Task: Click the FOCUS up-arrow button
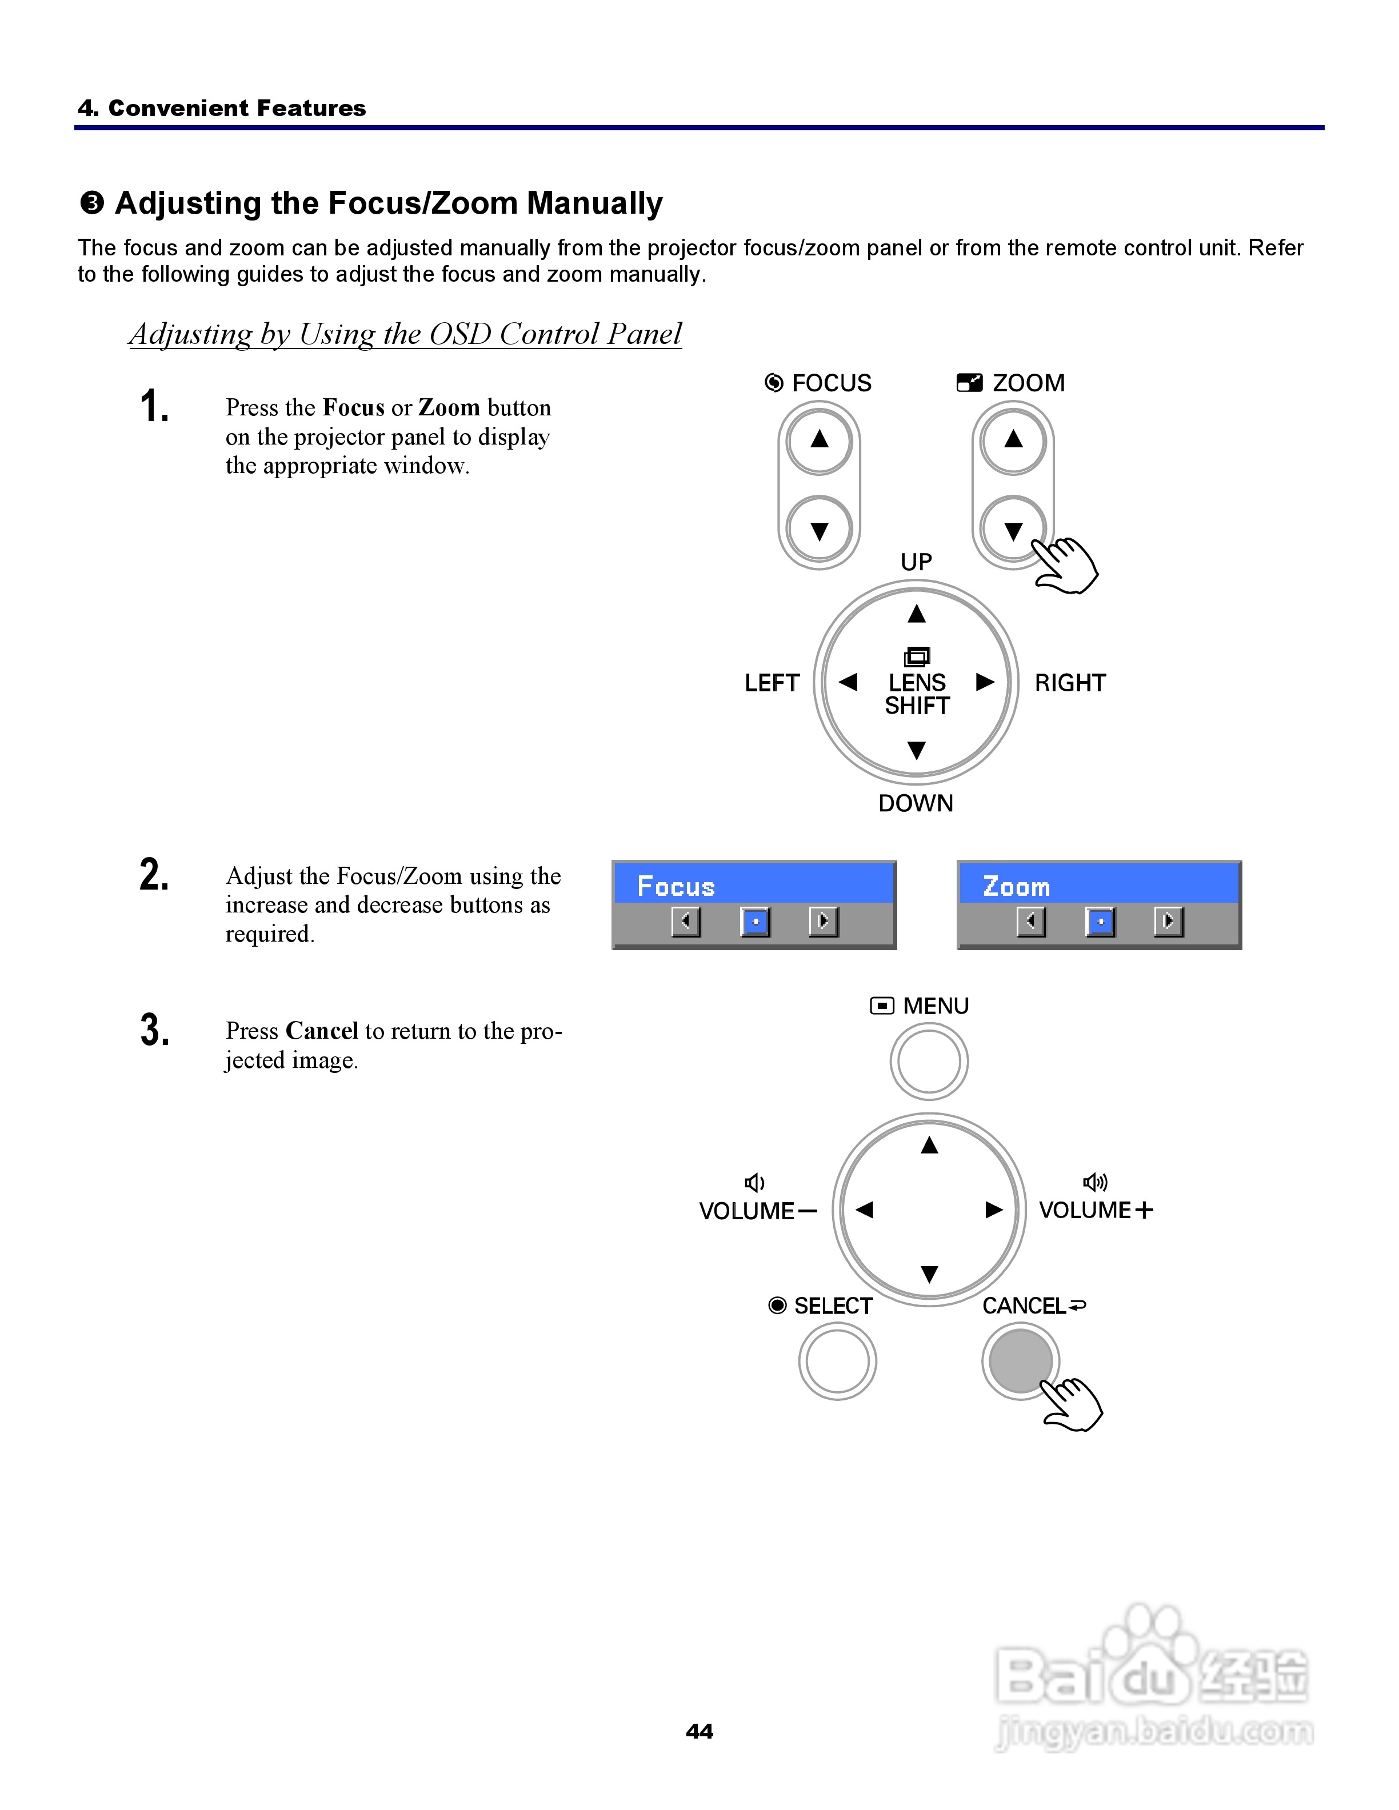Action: tap(819, 440)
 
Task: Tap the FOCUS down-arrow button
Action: tap(819, 530)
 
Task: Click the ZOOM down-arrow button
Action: tap(1013, 530)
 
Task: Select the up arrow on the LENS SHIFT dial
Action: tap(916, 614)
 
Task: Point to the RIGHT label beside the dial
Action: tap(1070, 683)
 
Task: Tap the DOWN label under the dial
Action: tap(916, 803)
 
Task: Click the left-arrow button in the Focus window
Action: tap(685, 921)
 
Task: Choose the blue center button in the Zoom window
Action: tap(1100, 921)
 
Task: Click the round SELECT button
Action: tap(837, 1361)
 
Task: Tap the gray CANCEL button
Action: tap(1020, 1361)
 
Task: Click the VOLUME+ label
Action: tap(1096, 1210)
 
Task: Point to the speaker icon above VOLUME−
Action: tap(754, 1182)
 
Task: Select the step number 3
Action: tap(154, 1030)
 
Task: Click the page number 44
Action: tap(699, 1731)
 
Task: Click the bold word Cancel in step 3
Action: tap(322, 1031)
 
